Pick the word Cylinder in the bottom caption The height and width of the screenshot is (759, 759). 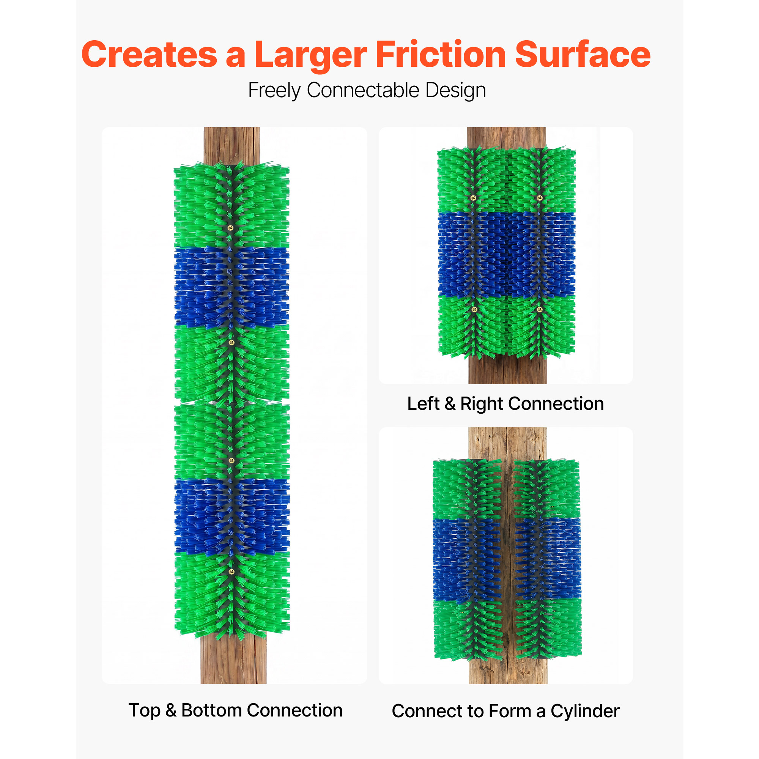coord(585,712)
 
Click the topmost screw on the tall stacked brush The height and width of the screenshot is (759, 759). coord(231,228)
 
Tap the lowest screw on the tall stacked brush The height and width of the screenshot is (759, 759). coord(231,572)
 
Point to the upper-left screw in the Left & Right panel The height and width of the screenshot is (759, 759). coord(473,198)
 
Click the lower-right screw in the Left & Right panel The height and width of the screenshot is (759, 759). coord(539,310)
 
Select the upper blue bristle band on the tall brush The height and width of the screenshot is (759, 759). coord(232,287)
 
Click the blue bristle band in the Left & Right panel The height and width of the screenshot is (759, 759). coord(506,255)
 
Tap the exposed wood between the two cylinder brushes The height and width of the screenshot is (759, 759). coord(508,558)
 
